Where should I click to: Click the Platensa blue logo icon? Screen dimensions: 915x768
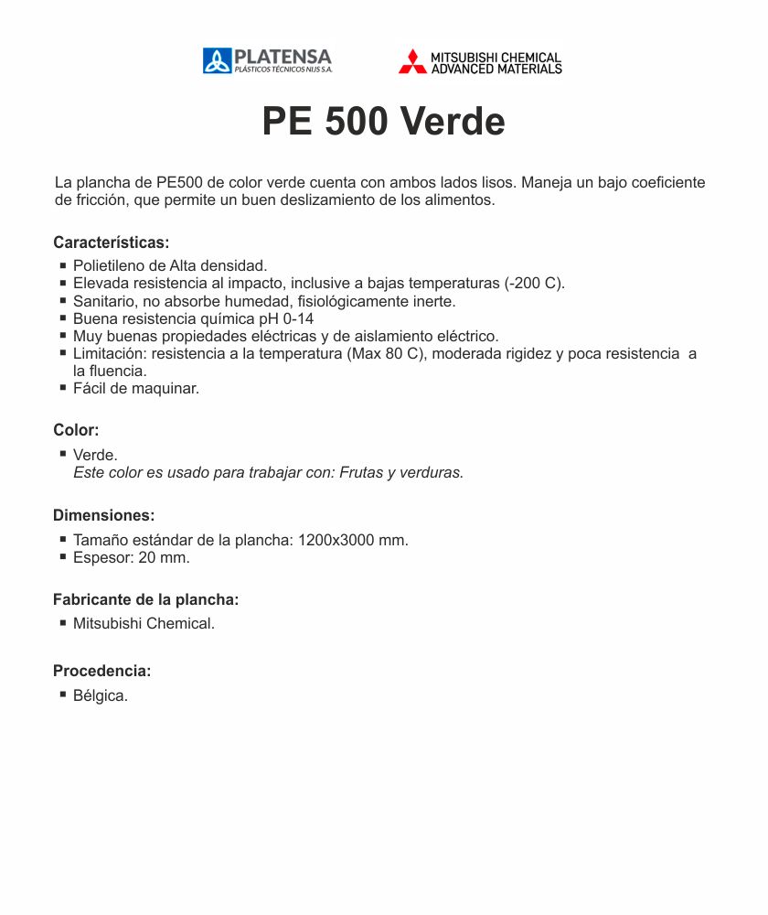pos(217,61)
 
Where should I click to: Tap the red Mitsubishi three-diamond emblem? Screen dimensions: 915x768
pos(412,61)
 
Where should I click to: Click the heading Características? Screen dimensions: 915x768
pos(112,242)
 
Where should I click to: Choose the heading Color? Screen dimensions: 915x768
pos(76,430)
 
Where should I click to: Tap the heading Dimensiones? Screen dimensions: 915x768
pos(103,515)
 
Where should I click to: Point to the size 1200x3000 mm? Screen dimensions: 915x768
pos(352,540)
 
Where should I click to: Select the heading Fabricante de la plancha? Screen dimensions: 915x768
pos(145,600)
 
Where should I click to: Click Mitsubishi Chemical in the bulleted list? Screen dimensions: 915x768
pos(144,624)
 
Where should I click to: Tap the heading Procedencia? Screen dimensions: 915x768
pos(101,671)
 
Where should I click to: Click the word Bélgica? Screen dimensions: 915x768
pos(100,695)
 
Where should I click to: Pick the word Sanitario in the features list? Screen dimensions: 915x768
pos(105,301)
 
